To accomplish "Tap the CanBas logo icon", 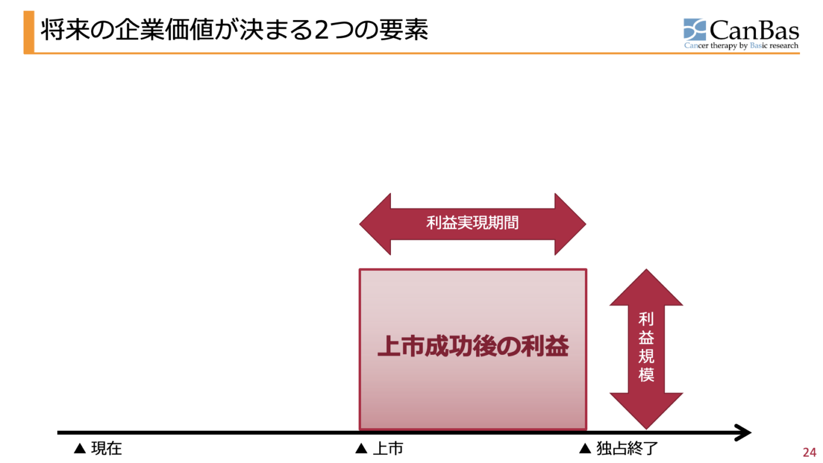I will click(x=695, y=29).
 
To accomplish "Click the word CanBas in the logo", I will click(x=754, y=29).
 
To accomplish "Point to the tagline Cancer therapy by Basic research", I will click(x=741, y=45).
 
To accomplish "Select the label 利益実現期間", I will click(x=473, y=223).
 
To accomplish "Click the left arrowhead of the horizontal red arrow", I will click(x=375, y=224).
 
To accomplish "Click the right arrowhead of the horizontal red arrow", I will click(x=570, y=224).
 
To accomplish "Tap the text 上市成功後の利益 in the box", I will click(x=473, y=347).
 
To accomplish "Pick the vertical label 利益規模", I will click(x=646, y=347).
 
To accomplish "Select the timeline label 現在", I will click(x=106, y=449).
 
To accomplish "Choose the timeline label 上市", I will click(x=388, y=449).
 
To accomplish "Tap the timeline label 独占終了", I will click(x=627, y=449).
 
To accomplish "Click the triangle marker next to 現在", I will click(x=80, y=449).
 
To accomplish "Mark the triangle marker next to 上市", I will click(x=362, y=449).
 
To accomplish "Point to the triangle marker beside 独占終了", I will click(x=585, y=449).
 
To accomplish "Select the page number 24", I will click(x=809, y=452).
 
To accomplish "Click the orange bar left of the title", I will click(x=29, y=32).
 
